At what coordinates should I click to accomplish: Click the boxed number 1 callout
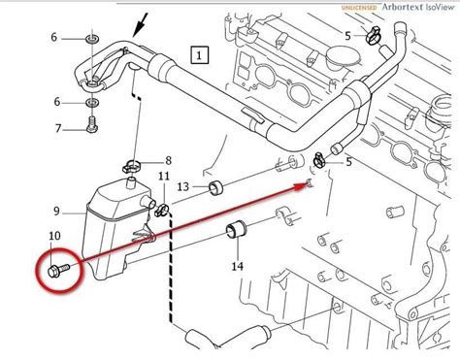point(201,55)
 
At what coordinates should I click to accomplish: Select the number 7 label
point(59,128)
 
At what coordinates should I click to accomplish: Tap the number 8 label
point(168,160)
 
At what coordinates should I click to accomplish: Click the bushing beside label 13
point(217,186)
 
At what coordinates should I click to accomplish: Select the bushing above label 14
point(234,231)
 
